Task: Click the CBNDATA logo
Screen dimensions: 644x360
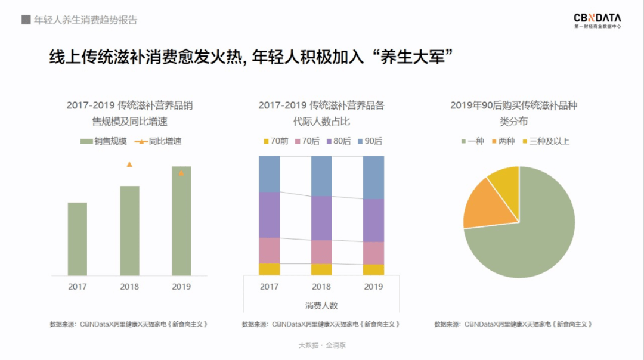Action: coord(597,20)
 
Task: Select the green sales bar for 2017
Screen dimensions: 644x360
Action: coord(77,239)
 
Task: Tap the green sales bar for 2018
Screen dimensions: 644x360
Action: coord(129,231)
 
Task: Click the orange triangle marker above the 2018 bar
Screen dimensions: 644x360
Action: coord(129,164)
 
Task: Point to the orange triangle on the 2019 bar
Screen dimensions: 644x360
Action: coord(181,173)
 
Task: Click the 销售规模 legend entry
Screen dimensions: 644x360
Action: coord(104,141)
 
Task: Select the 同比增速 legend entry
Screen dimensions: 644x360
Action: coord(157,141)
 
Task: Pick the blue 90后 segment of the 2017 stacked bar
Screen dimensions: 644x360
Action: coord(270,174)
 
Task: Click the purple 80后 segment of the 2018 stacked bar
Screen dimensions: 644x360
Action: coord(321,218)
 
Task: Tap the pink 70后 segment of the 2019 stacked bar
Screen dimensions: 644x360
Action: coord(373,253)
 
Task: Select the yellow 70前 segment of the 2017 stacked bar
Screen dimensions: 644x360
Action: coord(270,269)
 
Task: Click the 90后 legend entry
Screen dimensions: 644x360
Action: coord(370,141)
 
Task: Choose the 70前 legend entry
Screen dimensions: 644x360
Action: coord(275,141)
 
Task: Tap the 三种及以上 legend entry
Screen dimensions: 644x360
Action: coord(546,141)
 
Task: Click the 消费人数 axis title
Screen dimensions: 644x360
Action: coord(321,305)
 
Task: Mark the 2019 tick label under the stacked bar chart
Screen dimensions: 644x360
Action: coord(373,287)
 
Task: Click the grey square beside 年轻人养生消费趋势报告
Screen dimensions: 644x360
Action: coord(26,20)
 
